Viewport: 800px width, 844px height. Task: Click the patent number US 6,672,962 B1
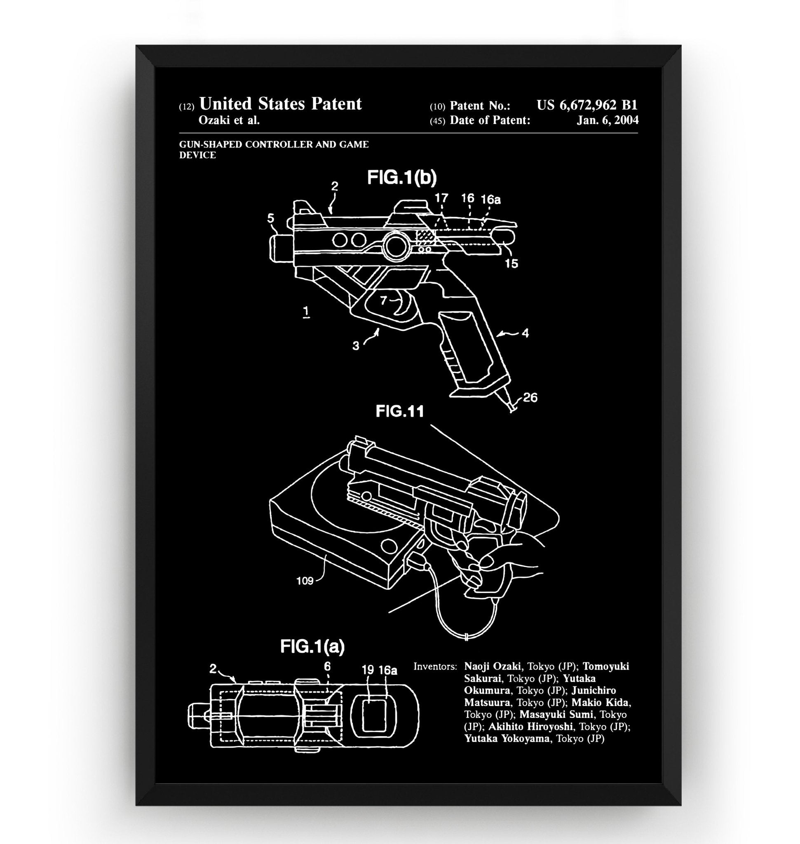click(587, 105)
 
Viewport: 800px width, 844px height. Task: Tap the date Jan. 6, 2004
click(607, 120)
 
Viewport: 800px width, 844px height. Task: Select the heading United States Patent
click(280, 103)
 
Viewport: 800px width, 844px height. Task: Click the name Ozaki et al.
click(229, 120)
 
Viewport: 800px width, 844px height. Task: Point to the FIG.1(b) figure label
click(402, 178)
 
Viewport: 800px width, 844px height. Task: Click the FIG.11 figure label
click(399, 412)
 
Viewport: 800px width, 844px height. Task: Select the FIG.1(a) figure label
click(312, 647)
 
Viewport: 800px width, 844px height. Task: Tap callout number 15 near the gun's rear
click(511, 264)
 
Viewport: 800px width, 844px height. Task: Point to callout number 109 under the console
click(305, 581)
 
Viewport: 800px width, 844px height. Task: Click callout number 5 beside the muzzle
click(271, 218)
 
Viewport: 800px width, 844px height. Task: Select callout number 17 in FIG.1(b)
click(441, 198)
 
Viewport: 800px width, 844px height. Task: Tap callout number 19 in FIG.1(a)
click(368, 670)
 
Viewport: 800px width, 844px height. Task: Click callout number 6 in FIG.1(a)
click(327, 666)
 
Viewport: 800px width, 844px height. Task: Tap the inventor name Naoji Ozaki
click(492, 666)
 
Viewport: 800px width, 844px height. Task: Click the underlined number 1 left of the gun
click(306, 312)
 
